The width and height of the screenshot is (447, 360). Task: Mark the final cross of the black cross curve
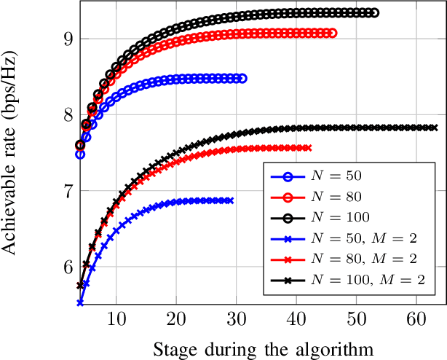pyautogui.click(x=434, y=128)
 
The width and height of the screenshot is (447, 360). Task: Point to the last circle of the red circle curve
pyautogui.click(x=333, y=33)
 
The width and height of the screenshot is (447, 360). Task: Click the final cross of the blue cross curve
pyautogui.click(x=231, y=200)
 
